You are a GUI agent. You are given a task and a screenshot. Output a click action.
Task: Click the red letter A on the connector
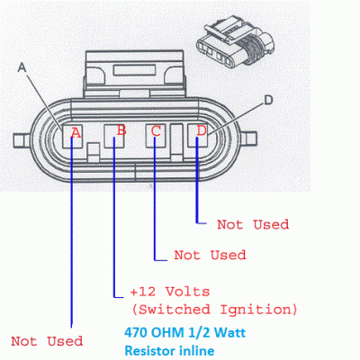tap(76, 132)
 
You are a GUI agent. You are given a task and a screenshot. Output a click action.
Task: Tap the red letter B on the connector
tap(121, 130)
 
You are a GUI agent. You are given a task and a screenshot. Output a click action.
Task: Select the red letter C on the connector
tap(156, 131)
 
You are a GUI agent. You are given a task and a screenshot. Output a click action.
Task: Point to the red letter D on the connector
tap(202, 130)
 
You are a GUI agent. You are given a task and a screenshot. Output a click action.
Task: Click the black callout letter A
tap(22, 67)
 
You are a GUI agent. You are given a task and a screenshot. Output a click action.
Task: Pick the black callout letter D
tap(268, 100)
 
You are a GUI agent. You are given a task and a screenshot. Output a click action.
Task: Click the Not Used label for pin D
tap(253, 224)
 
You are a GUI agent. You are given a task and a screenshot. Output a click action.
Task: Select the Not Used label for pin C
tap(210, 255)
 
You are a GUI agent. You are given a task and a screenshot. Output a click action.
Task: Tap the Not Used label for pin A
tap(47, 341)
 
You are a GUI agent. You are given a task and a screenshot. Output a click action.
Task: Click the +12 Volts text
tap(170, 292)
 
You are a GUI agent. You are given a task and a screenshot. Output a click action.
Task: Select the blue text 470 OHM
tap(154, 333)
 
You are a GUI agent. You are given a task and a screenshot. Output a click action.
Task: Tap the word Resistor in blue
tap(150, 351)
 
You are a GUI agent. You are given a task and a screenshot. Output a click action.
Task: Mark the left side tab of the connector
tap(22, 140)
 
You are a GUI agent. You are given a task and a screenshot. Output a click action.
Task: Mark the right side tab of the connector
tap(248, 139)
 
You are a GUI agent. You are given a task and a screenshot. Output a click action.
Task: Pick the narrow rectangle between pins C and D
tap(176, 139)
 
